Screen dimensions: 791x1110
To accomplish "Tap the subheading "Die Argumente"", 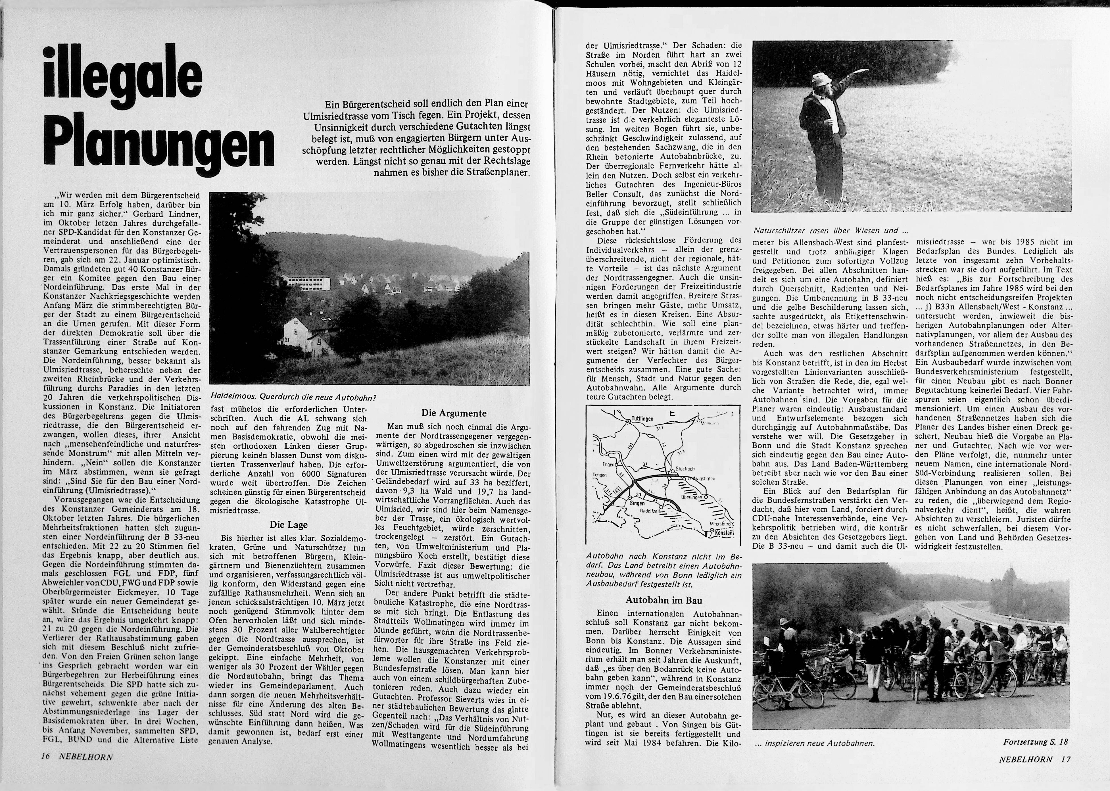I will [453, 413].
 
